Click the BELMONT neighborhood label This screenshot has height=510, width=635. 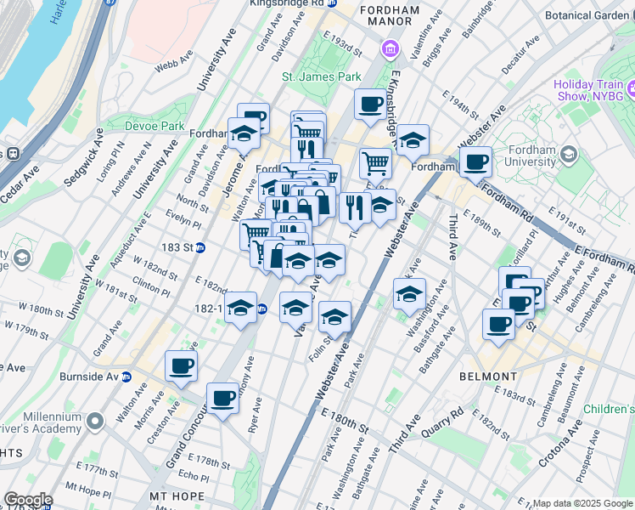(x=488, y=376)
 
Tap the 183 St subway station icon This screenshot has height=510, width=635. (x=200, y=248)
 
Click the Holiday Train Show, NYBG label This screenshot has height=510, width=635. (x=588, y=90)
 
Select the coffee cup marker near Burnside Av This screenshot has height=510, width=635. (x=181, y=366)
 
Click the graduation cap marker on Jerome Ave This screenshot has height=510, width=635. (x=244, y=133)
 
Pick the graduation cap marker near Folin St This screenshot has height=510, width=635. (x=334, y=317)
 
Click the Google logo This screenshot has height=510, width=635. (x=28, y=500)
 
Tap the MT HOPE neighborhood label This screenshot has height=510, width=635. (x=177, y=496)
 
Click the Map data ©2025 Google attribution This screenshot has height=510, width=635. (x=582, y=503)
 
